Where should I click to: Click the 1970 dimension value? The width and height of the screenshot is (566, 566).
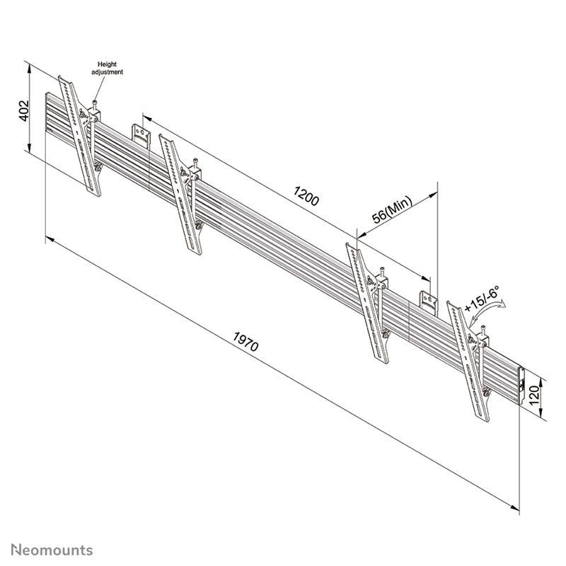(x=246, y=342)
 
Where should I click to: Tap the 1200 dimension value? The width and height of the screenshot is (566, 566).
(x=306, y=196)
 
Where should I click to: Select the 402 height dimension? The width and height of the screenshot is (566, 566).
(x=24, y=110)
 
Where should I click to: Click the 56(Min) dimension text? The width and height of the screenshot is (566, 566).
(x=392, y=209)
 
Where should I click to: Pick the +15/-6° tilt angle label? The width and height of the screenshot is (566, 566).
(x=482, y=299)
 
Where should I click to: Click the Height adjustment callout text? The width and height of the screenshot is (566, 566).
(x=108, y=68)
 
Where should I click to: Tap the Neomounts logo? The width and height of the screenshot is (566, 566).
(x=52, y=550)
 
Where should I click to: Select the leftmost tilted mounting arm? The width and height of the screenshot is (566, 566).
(x=80, y=137)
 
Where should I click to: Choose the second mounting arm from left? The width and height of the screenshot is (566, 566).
(x=181, y=195)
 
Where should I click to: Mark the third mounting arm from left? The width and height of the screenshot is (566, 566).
(x=368, y=304)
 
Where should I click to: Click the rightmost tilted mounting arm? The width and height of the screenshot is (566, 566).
(x=468, y=362)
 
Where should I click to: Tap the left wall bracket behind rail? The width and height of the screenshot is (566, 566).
(x=141, y=136)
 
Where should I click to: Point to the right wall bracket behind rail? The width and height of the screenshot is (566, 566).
(x=429, y=303)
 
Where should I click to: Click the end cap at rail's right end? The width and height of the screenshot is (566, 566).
(x=521, y=386)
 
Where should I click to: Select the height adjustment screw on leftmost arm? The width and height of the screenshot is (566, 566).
(x=95, y=108)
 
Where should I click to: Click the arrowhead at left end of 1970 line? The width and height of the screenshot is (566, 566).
(x=50, y=239)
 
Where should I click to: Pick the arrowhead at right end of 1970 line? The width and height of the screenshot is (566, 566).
(x=516, y=508)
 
